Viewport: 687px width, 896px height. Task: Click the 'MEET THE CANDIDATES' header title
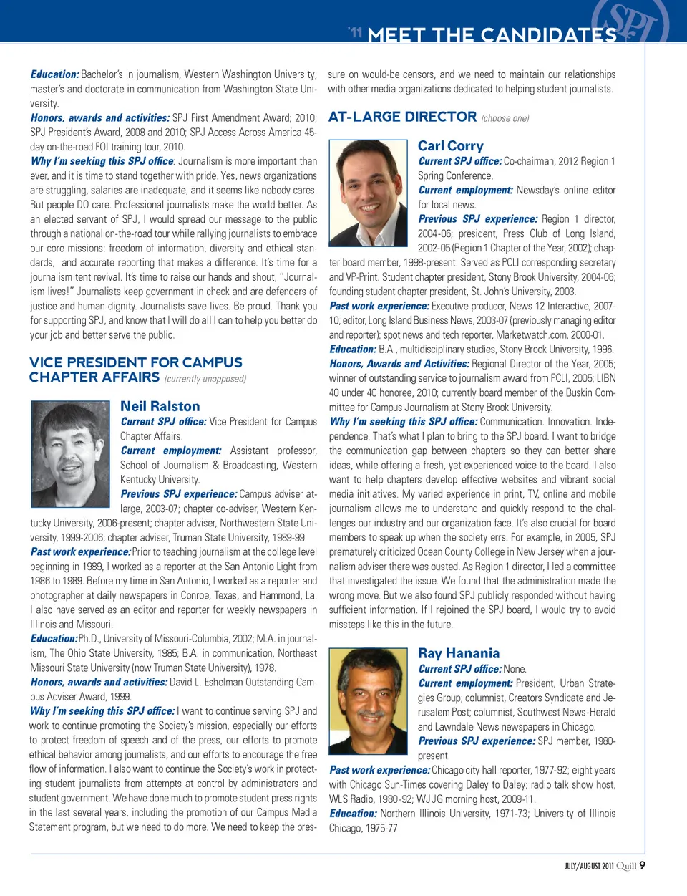492,34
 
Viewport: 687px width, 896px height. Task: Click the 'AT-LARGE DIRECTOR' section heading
402,117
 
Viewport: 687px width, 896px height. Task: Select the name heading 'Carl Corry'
450,146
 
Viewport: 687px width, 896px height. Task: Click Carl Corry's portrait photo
369,193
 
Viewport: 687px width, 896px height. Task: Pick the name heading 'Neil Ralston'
160,406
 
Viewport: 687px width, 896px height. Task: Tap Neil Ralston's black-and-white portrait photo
71,454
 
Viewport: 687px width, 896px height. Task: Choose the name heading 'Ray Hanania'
459,653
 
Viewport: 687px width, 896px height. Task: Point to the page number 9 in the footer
643,865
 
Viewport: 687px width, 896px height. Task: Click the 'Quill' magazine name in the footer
626,866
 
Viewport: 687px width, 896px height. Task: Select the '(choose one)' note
505,118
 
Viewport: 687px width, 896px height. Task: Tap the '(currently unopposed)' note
205,379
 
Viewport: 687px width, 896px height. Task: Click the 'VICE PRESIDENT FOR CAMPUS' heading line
136,362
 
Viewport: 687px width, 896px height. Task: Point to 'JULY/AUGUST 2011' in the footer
589,866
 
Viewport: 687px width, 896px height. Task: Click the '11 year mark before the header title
356,32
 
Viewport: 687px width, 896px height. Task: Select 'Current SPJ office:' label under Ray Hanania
459,669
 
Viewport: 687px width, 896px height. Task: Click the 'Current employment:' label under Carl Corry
465,191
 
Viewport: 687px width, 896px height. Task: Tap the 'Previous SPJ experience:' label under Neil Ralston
178,494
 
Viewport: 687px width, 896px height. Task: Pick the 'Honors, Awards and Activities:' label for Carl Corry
399,364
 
